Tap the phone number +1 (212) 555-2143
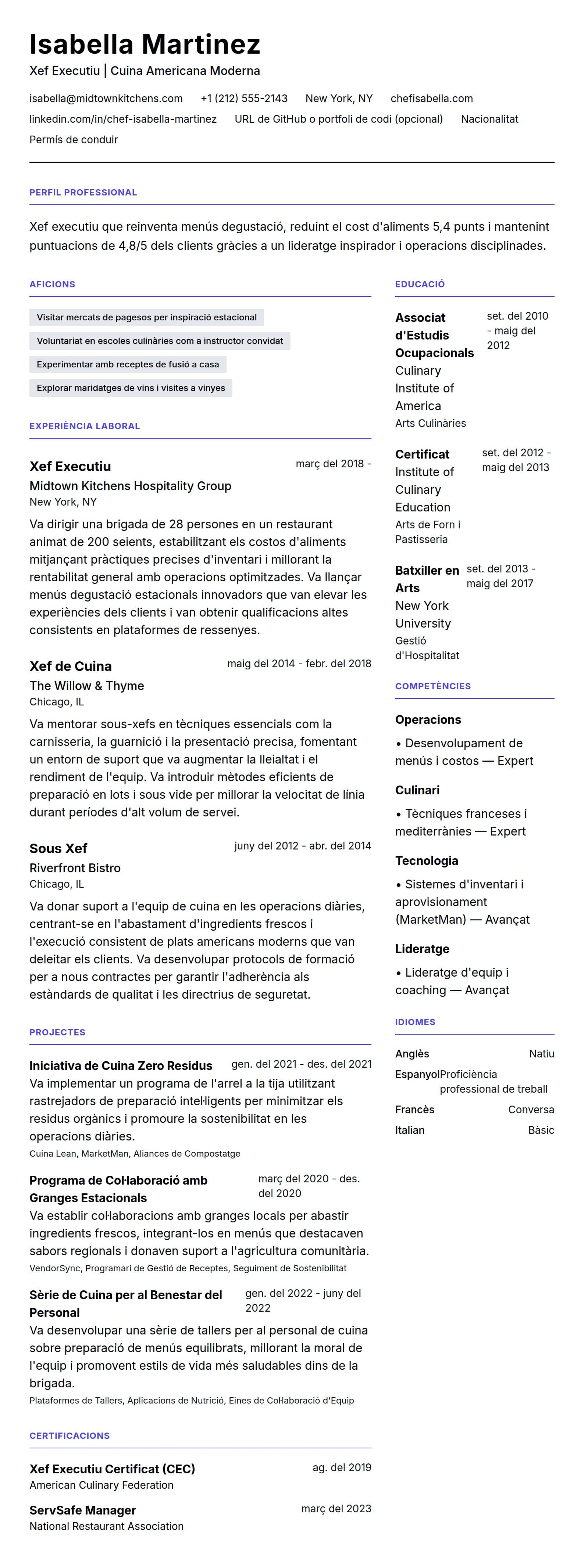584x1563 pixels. [244, 98]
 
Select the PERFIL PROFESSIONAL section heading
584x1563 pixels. [83, 192]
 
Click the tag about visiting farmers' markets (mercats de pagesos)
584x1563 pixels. [146, 317]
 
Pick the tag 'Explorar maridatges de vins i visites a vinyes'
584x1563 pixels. [131, 388]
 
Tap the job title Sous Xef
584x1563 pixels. [58, 848]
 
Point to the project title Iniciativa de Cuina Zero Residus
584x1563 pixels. [120, 1066]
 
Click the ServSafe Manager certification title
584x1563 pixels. [82, 1510]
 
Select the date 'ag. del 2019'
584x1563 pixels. [341, 1467]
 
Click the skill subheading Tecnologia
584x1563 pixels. [426, 860]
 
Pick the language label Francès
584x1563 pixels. [414, 1109]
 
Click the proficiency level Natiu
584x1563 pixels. [541, 1053]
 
